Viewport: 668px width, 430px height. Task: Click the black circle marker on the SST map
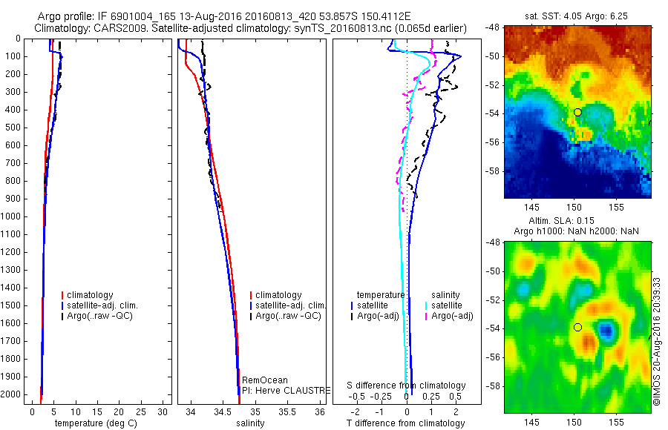tap(577, 112)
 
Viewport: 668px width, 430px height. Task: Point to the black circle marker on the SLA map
tap(577, 327)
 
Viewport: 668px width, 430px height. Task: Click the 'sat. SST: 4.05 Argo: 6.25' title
tap(577, 15)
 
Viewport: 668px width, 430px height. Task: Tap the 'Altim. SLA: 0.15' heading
tap(577, 222)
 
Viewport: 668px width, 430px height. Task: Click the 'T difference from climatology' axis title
tap(405, 423)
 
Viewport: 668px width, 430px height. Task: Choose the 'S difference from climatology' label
tap(407, 386)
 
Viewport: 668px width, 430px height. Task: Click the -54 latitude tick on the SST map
tap(494, 113)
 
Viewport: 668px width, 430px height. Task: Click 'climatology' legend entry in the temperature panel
tap(91, 295)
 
